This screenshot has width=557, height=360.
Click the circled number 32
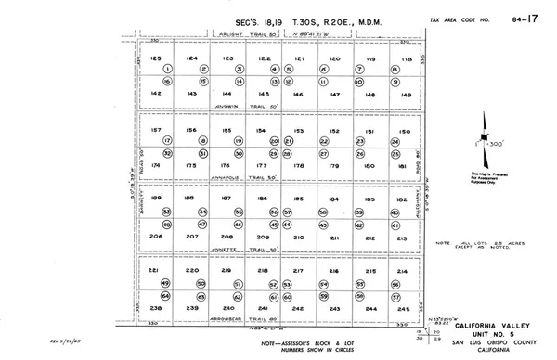(x=168, y=152)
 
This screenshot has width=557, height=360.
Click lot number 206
(x=156, y=237)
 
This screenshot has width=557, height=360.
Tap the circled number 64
(x=168, y=296)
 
